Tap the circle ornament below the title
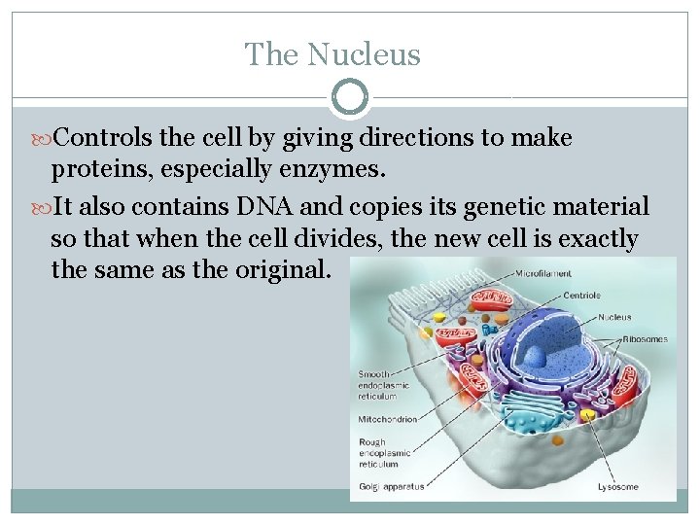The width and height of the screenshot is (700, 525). pos(350,97)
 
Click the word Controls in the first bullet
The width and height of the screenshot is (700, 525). pos(100,138)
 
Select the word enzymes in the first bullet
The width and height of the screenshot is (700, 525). pos(332,171)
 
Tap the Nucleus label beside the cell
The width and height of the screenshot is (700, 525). pos(614,317)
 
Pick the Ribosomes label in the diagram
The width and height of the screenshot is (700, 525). pos(645,339)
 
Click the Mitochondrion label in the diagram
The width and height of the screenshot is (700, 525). pos(388,420)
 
